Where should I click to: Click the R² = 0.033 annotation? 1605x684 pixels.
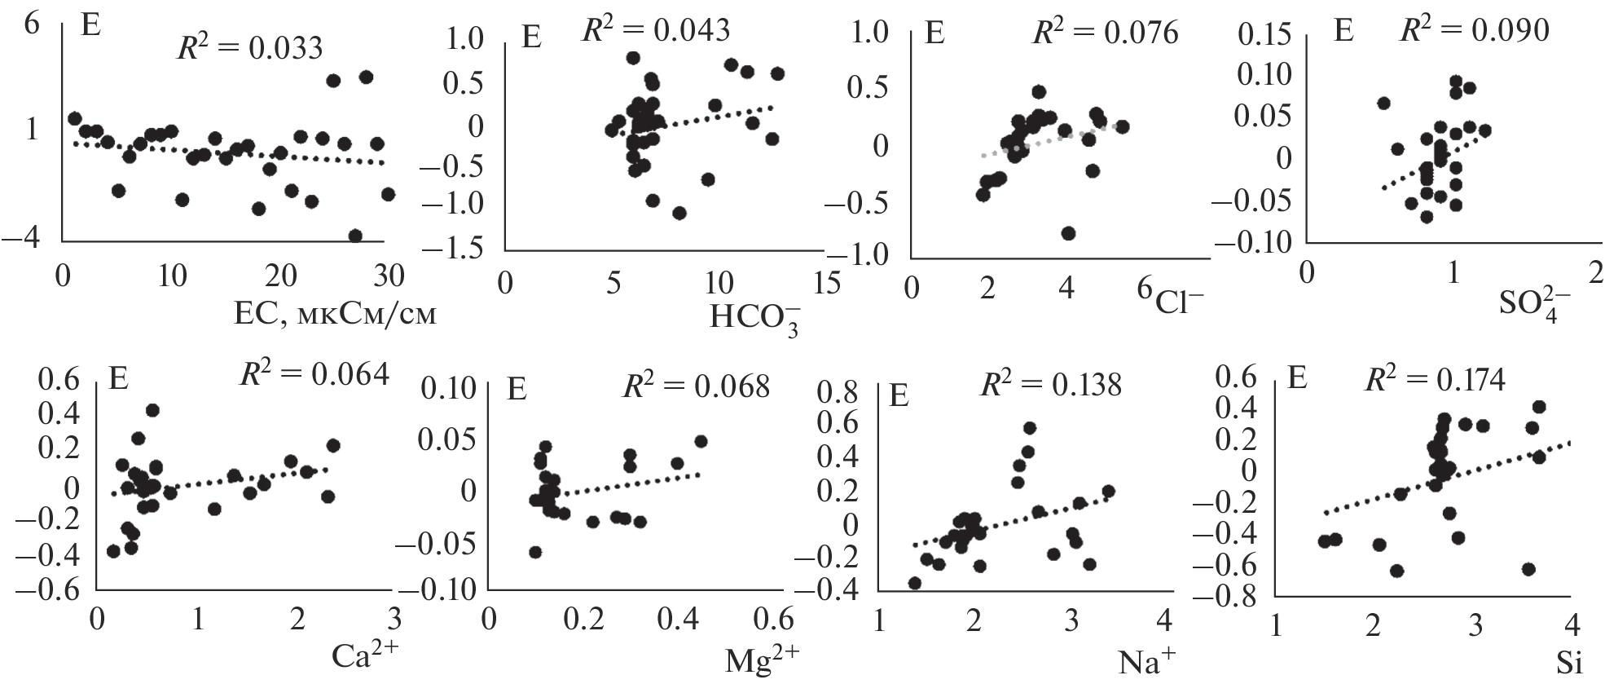(250, 47)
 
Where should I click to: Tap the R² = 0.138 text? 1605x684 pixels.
(1051, 384)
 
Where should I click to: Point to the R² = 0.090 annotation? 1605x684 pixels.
(1474, 30)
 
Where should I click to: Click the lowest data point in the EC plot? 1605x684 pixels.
(355, 236)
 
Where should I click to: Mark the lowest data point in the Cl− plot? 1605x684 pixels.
(1068, 233)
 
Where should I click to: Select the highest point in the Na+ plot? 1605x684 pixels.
(1030, 428)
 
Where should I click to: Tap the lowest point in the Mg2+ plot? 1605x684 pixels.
(535, 552)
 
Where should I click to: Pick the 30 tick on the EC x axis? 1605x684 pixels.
(389, 277)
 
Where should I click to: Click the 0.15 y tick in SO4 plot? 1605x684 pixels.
(1264, 35)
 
